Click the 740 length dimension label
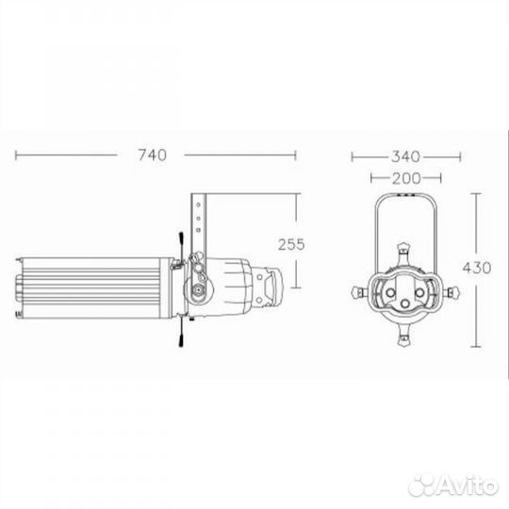[x=153, y=155]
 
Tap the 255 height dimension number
[x=291, y=244]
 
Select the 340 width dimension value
[x=405, y=156]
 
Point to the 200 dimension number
[x=406, y=178]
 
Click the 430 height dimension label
[x=477, y=268]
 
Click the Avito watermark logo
[x=453, y=485]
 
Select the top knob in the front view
[x=404, y=250]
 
